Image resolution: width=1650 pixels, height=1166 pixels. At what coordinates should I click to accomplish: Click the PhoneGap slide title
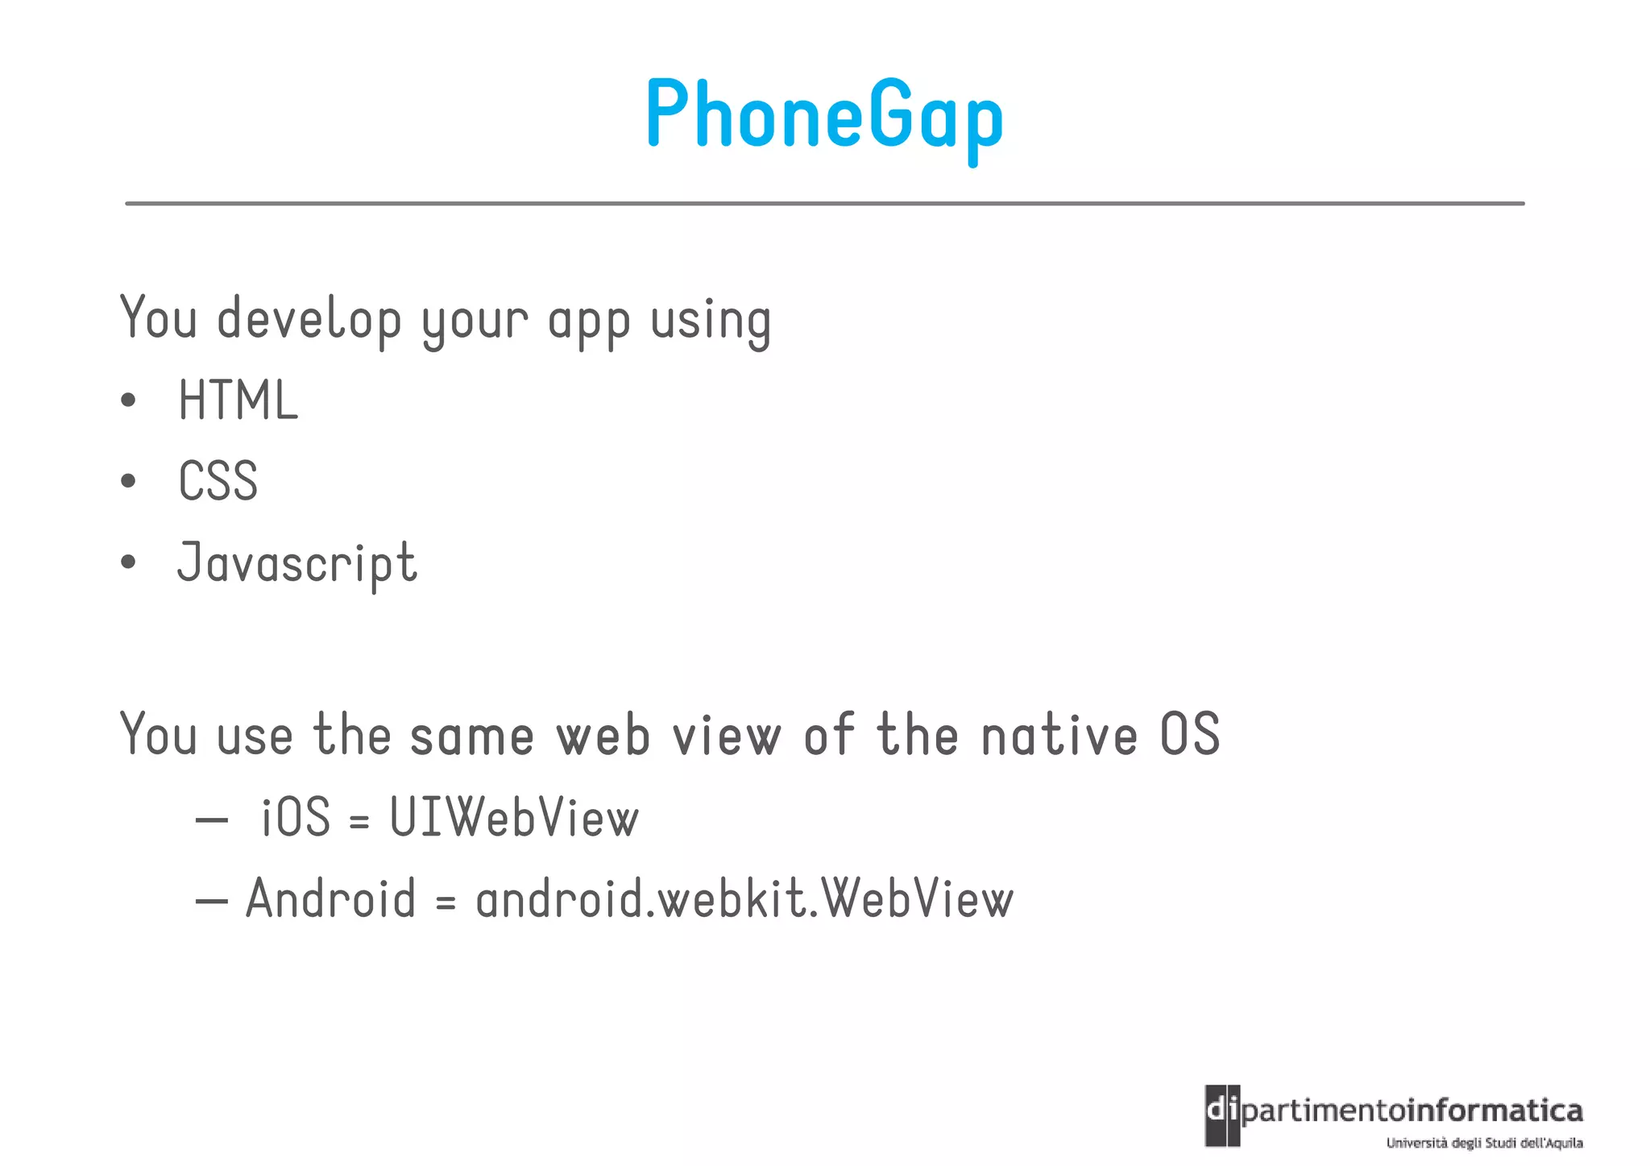[824, 115]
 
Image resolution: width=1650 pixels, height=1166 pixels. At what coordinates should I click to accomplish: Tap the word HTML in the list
[238, 400]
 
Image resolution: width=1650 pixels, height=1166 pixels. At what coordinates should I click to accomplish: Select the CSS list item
[218, 481]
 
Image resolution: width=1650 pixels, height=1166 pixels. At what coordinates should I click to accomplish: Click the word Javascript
[297, 563]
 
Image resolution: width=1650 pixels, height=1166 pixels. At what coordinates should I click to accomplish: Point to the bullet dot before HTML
[128, 400]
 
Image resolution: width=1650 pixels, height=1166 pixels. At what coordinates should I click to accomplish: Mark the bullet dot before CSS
[128, 481]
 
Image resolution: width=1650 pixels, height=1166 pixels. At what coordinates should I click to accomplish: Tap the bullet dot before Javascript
[128, 562]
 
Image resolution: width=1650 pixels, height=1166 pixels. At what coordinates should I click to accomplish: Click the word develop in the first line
[309, 320]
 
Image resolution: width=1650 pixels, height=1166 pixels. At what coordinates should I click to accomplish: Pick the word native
[1059, 735]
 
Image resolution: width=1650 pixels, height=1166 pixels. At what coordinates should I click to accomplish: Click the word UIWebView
[514, 818]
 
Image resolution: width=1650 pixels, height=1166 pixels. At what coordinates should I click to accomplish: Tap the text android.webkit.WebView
[744, 899]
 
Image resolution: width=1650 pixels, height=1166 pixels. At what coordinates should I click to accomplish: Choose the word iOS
[296, 817]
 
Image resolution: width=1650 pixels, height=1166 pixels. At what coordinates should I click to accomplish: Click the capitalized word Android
[330, 899]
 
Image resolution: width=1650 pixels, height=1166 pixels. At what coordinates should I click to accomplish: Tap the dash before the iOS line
[212, 820]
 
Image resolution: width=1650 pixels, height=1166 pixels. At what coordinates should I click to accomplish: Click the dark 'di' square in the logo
[1222, 1115]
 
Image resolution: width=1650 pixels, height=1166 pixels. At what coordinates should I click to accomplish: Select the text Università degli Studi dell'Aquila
[1484, 1143]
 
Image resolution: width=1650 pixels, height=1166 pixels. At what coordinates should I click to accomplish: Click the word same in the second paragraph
[472, 737]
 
